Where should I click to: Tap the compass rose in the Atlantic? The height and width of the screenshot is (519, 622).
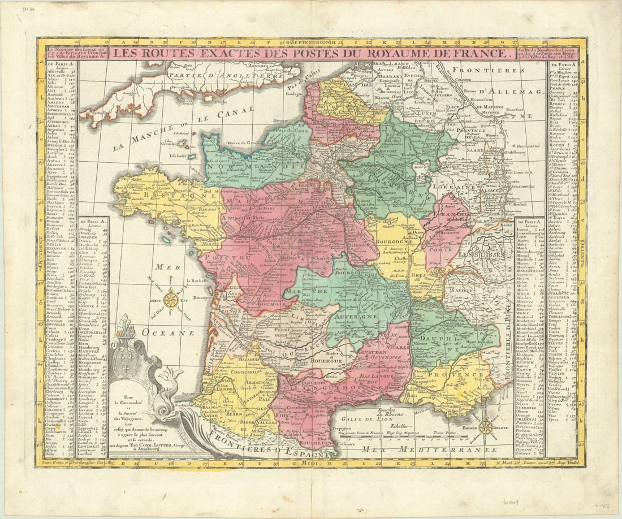[x=172, y=298]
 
